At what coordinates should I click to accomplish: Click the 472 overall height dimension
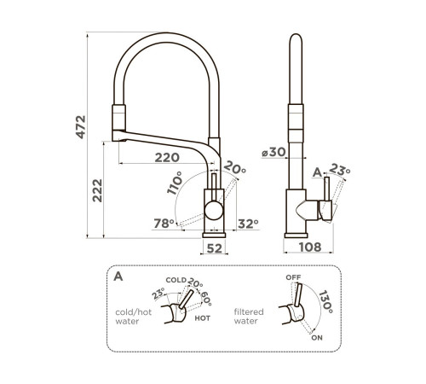[81, 127]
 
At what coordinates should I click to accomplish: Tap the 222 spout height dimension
[97, 190]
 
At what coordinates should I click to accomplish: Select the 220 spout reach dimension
[167, 158]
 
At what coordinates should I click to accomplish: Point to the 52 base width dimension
[215, 248]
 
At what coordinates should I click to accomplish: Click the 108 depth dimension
[310, 247]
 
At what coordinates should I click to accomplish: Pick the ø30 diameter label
[273, 152]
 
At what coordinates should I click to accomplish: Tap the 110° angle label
[175, 183]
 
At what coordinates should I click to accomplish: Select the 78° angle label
[164, 224]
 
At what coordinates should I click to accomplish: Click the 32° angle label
[248, 224]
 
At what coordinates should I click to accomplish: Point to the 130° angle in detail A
[325, 302]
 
